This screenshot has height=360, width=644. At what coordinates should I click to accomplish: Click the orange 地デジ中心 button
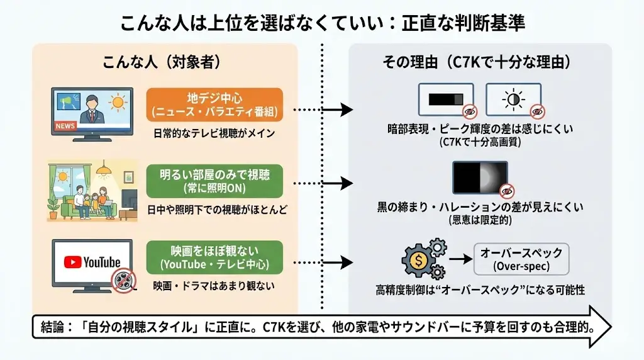(214, 104)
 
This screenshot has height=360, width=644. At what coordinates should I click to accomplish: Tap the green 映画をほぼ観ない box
(214, 257)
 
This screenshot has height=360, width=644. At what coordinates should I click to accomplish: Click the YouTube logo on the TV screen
(92, 261)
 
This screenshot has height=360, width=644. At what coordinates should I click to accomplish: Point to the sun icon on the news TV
(117, 101)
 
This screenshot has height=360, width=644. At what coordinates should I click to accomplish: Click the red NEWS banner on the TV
(65, 126)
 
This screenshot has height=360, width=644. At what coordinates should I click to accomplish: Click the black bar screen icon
(446, 99)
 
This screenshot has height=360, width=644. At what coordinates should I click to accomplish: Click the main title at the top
(322, 23)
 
